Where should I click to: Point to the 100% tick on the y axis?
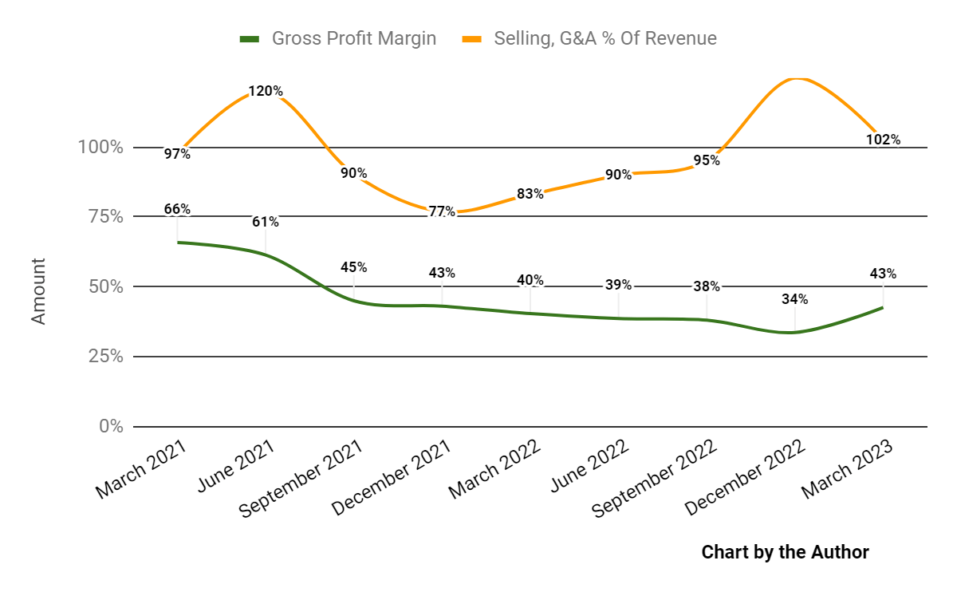coord(100,148)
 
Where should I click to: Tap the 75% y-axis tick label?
coord(104,217)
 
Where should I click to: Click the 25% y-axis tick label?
coord(104,356)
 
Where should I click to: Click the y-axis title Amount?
coord(38,291)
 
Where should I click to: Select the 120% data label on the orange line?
coord(265,91)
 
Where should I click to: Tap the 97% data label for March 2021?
coord(177,154)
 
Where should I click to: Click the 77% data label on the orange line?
coord(442,211)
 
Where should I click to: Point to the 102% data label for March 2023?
coord(883,140)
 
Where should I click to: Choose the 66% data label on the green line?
coord(177,209)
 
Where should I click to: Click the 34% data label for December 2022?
coord(794,299)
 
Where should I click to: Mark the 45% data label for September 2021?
coord(353,266)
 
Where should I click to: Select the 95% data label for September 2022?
coord(707,160)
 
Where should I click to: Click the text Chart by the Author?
coord(785,551)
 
